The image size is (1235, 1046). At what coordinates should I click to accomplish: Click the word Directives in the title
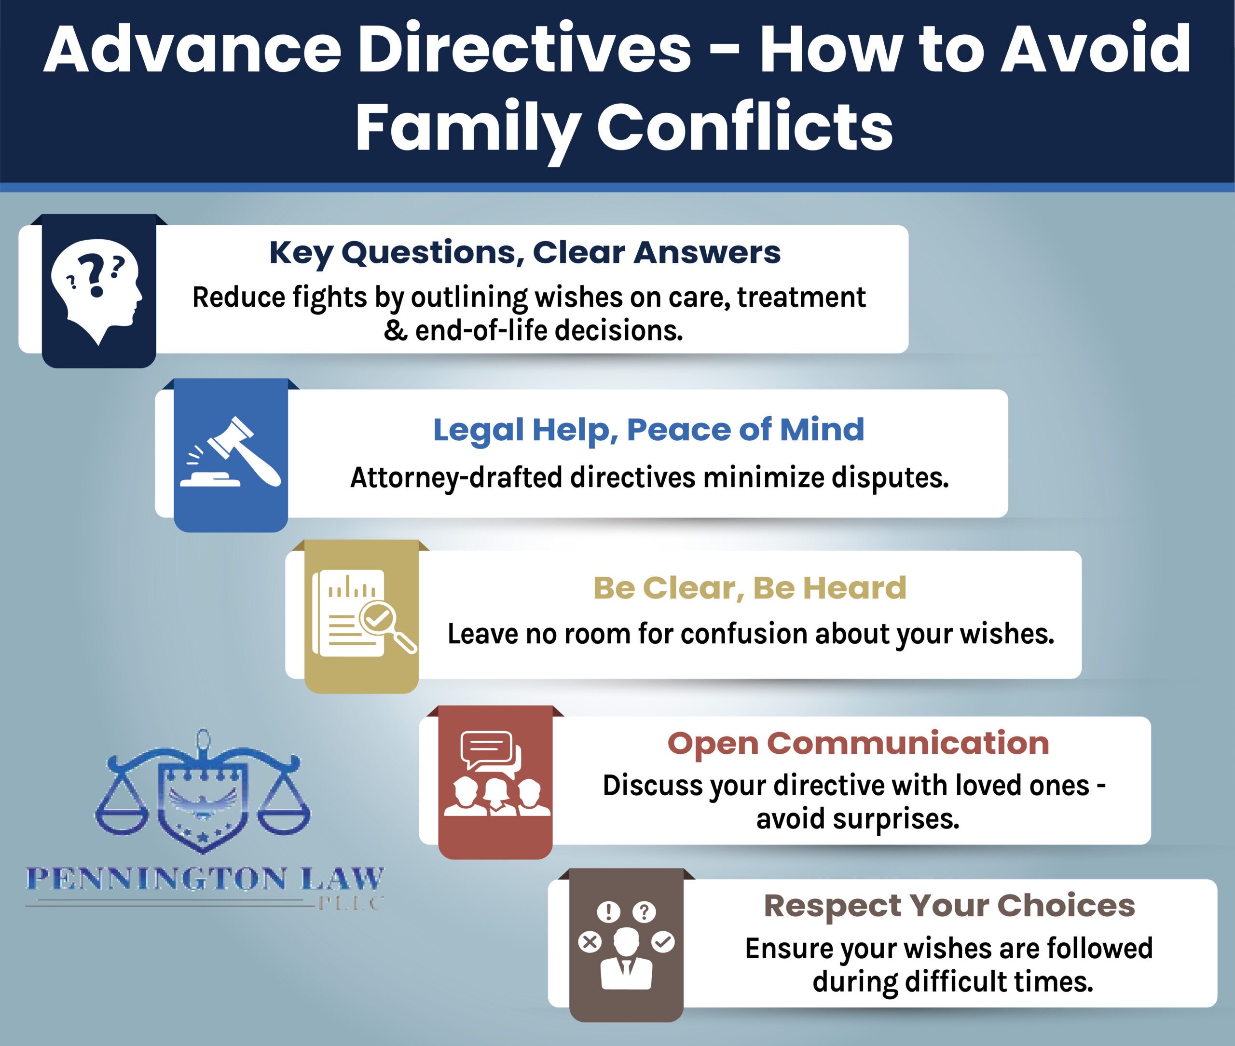point(524,49)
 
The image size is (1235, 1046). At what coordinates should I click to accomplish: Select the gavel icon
point(231,452)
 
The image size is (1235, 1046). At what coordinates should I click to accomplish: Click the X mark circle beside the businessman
point(590,942)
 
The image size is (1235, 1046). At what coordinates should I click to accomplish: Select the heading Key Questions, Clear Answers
point(525,253)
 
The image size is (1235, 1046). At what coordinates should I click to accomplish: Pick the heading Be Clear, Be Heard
point(750,588)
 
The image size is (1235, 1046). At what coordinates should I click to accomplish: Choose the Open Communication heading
point(858,744)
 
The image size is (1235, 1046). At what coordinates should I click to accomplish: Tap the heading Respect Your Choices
point(949,906)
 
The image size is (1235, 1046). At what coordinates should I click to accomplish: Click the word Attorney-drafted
point(456,478)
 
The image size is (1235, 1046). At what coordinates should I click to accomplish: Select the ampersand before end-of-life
point(395,331)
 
